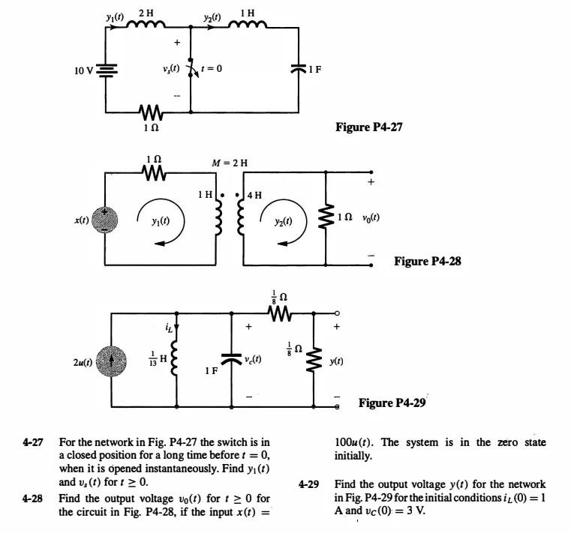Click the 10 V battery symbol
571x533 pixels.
click(107, 70)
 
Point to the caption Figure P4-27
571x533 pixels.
click(368, 127)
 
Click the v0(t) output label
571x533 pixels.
click(371, 217)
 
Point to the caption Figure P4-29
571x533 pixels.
click(392, 403)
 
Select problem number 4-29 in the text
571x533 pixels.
click(308, 484)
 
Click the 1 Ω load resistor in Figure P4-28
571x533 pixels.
click(326, 218)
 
